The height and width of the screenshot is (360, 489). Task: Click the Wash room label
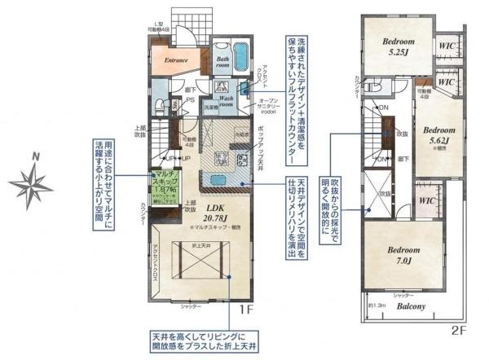(224, 101)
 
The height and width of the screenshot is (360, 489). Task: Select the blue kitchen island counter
(218, 181)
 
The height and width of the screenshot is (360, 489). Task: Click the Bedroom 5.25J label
(397, 49)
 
